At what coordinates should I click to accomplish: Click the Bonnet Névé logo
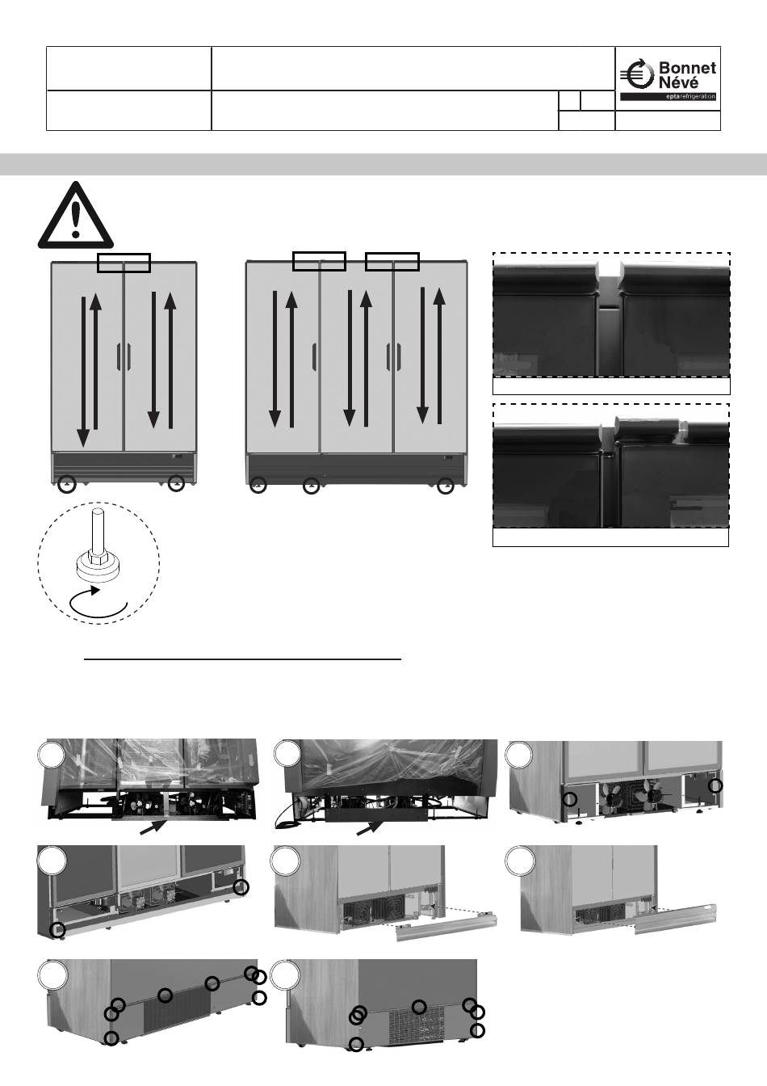pos(669,80)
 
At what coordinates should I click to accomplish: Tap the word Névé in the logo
pos(679,82)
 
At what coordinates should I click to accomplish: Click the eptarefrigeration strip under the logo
pos(669,97)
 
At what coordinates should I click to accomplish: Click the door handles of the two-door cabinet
pos(124,358)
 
